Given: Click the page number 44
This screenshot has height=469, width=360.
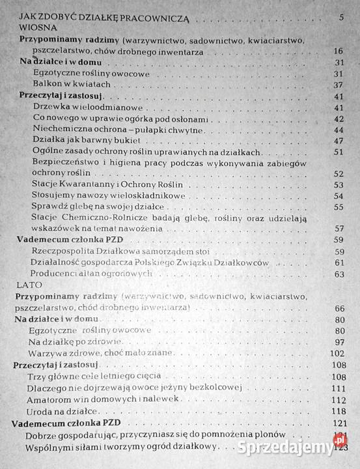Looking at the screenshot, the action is (338, 130).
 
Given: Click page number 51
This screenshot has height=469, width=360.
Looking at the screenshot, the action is (338, 152).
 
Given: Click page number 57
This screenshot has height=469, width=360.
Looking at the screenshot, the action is (338, 229).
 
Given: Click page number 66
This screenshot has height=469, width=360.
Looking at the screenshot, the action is (339, 307).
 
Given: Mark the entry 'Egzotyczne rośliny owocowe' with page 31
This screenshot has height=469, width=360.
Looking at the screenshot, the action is (92, 74).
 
